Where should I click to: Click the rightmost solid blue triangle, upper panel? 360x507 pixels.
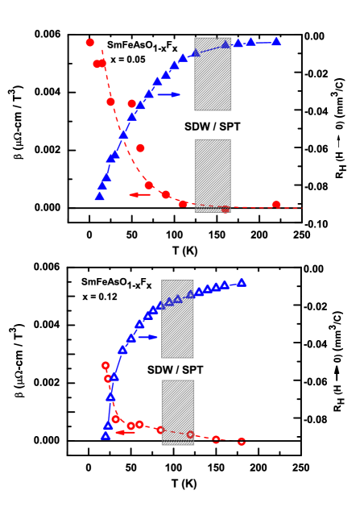(x=276, y=41)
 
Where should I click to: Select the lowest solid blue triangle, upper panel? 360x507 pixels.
(x=100, y=196)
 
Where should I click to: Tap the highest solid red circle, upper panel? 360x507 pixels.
(x=90, y=43)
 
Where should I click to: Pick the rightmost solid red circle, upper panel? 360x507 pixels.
(x=276, y=205)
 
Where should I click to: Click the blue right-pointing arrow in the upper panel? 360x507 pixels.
(x=169, y=94)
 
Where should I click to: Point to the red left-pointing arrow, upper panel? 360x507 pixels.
(x=139, y=194)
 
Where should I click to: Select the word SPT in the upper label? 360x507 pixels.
(x=230, y=127)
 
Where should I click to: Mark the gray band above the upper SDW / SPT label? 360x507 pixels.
(x=213, y=74)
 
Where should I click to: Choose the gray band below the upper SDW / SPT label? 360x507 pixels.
(x=213, y=173)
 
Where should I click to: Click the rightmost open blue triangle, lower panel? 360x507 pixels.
(x=242, y=282)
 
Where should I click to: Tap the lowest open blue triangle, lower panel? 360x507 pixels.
(x=106, y=435)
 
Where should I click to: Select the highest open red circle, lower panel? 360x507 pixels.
(x=106, y=365)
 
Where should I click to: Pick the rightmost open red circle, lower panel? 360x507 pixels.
(x=242, y=442)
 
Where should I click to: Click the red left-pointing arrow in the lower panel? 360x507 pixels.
(x=125, y=433)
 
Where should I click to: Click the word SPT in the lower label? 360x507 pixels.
(x=192, y=370)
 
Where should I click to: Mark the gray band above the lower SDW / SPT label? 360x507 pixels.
(x=177, y=318)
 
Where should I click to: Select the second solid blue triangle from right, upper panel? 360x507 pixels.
(x=250, y=41)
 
